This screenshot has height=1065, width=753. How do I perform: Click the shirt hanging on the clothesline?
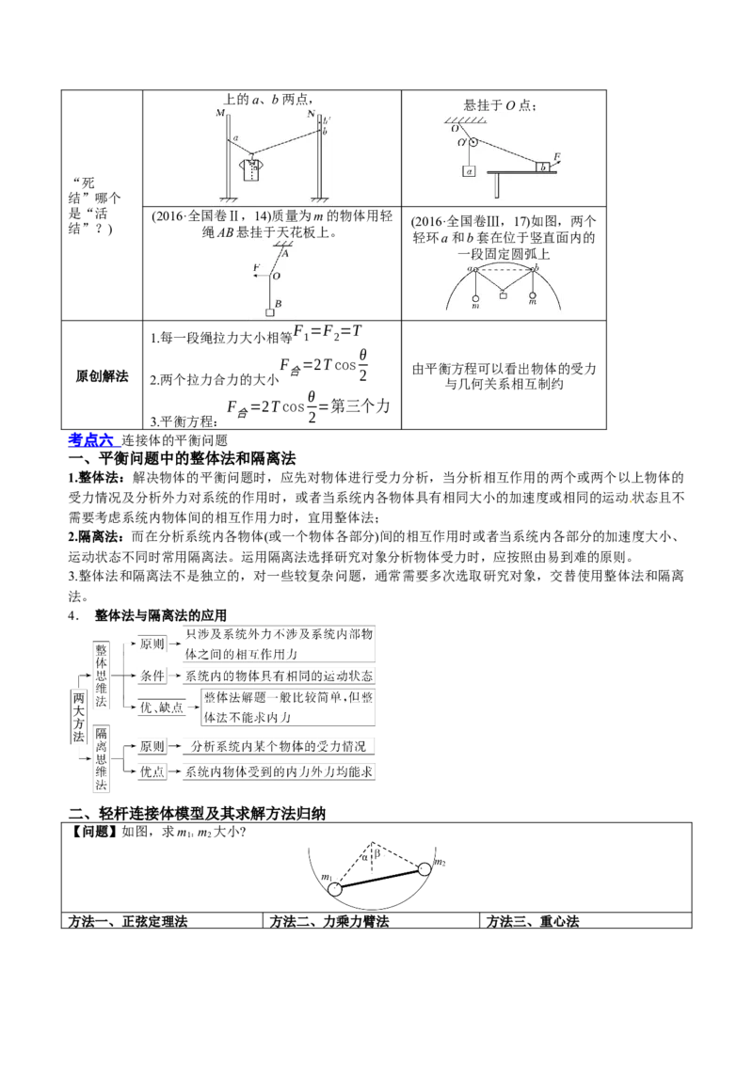[251, 169]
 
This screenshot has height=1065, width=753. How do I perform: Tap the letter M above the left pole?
[220, 114]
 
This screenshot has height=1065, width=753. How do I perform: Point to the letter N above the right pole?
[312, 114]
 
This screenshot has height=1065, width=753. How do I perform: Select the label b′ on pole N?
[327, 120]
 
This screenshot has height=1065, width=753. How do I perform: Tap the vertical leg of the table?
[496, 185]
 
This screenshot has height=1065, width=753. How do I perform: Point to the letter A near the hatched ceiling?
[284, 251]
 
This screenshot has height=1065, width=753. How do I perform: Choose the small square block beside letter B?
[270, 312]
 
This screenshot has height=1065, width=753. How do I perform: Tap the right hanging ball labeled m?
[534, 297]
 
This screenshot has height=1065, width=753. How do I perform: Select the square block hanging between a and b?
[503, 295]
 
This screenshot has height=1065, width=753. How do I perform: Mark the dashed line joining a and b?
[505, 269]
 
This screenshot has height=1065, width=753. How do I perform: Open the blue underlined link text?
[93, 438]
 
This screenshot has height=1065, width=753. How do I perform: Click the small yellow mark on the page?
[629, 501]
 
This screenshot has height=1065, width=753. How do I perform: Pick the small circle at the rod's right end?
[425, 870]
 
